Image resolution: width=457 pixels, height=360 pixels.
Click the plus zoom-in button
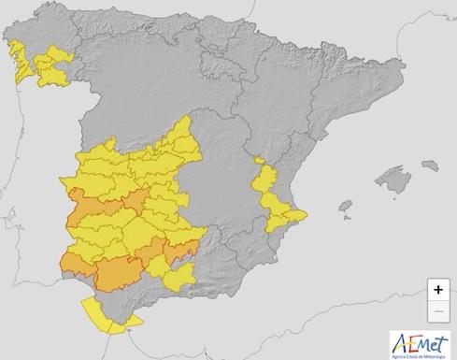point(438,290)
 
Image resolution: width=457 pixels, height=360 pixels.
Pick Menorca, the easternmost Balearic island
point(431,165)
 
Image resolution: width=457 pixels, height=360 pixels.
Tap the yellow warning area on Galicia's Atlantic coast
point(17,61)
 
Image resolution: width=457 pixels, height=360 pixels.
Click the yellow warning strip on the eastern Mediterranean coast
point(272,196)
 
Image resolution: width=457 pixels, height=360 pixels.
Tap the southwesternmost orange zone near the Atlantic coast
point(72,263)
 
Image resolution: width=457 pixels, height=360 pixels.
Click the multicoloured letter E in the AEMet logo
point(408,341)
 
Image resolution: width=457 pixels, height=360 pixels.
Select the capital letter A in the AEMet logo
point(398,340)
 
